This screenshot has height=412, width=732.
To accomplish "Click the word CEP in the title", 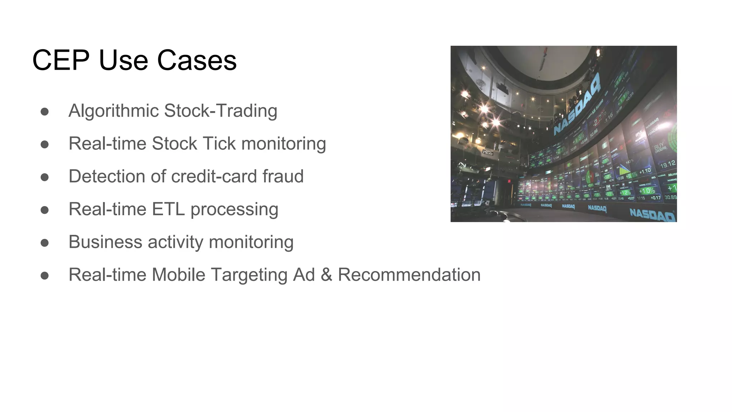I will [61, 60].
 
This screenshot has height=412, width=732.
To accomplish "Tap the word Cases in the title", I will [197, 60].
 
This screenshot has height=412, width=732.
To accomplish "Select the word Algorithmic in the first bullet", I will [113, 111].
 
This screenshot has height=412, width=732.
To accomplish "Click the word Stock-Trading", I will [221, 111].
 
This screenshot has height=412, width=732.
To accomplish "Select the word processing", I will [234, 210].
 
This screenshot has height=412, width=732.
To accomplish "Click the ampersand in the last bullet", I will [326, 275].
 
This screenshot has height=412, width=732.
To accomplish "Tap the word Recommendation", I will [409, 275].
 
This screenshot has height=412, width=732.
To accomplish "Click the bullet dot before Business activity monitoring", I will [45, 243].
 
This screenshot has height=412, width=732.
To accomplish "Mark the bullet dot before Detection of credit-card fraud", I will [45, 177].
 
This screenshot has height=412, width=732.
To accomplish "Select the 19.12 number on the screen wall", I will [668, 165].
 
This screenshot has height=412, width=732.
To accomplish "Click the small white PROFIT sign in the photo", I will [488, 152].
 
